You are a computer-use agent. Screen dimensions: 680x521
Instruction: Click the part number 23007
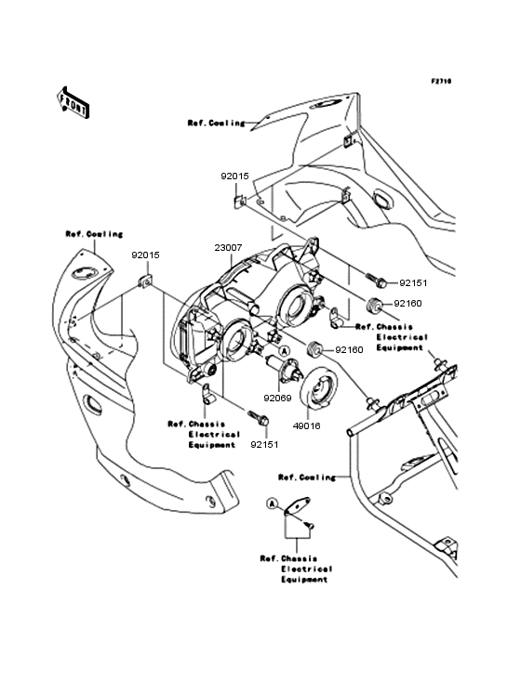click(228, 248)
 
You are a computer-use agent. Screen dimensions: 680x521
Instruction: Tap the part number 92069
click(275, 398)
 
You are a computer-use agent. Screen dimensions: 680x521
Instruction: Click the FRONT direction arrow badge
click(73, 101)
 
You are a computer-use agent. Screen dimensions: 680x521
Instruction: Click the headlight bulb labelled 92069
click(292, 366)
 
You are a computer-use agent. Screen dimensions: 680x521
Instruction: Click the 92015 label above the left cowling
click(143, 253)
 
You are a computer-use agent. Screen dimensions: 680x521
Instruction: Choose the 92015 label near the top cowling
click(234, 176)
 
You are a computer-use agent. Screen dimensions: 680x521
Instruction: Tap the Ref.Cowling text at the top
click(216, 123)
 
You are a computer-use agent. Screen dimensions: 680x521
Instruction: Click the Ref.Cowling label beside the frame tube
click(306, 477)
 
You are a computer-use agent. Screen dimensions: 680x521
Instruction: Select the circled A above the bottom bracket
click(273, 503)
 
